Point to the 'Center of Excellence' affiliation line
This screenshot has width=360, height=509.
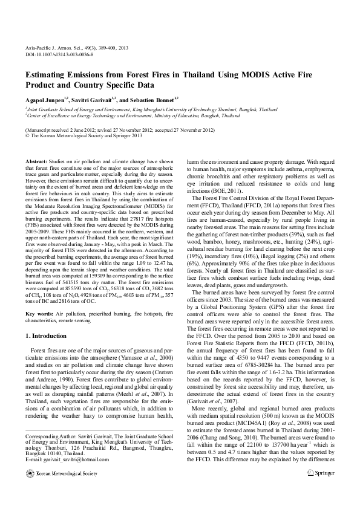pos(121,115)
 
